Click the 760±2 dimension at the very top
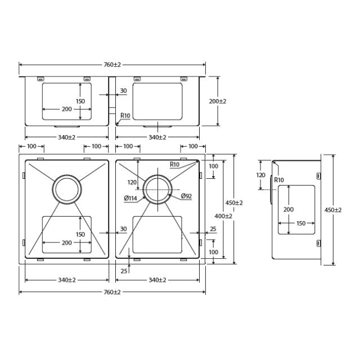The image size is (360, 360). (112, 65)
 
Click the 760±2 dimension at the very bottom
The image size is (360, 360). (112, 292)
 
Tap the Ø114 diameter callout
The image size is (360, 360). (132, 197)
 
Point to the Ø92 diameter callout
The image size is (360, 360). (187, 196)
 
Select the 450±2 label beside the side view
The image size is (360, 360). (333, 210)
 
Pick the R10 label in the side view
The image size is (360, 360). (279, 180)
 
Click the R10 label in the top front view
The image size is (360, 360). (125, 116)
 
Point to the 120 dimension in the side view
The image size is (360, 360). (260, 175)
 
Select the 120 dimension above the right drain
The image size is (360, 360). (132, 182)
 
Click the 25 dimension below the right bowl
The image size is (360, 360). (124, 271)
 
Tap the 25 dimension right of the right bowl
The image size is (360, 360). (213, 229)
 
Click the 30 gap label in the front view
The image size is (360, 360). (123, 91)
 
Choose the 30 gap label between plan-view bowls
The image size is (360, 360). (123, 229)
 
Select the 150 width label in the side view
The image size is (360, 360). (301, 223)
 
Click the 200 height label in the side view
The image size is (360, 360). (289, 209)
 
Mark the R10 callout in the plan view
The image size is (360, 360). (175, 164)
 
